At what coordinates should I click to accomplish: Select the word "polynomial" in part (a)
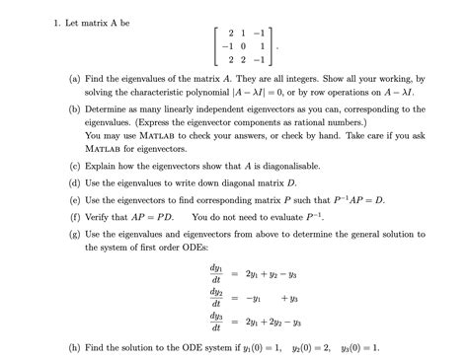(224, 90)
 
